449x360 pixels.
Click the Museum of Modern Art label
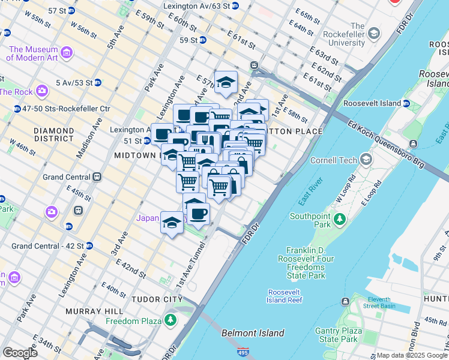[32, 54]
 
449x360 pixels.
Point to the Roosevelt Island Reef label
[285, 296]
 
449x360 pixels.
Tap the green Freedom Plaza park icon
[172, 320]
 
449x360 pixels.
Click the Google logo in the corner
[20, 353]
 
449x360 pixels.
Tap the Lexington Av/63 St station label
[196, 5]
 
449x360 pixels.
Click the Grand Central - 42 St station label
[47, 245]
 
